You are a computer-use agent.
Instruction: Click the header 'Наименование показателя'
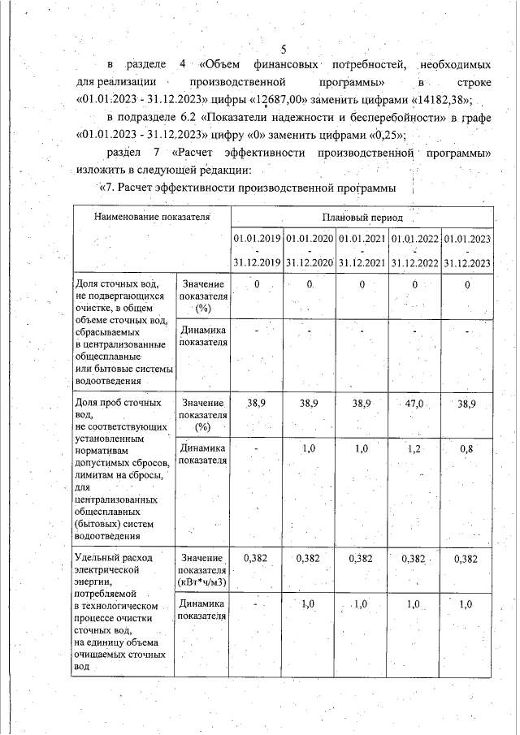152,218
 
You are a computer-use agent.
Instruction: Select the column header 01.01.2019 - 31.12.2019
257,250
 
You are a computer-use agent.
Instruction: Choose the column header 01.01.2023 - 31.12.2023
467,250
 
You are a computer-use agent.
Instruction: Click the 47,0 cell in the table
414,404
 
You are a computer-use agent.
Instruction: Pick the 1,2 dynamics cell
414,448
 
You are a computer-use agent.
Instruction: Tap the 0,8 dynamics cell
467,448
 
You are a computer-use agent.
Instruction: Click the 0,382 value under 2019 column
257,559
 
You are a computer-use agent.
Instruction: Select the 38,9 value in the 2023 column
467,404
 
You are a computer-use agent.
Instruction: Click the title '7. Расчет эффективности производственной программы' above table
248,188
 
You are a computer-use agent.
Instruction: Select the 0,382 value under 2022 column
414,559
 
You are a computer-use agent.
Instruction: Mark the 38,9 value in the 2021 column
362,404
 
